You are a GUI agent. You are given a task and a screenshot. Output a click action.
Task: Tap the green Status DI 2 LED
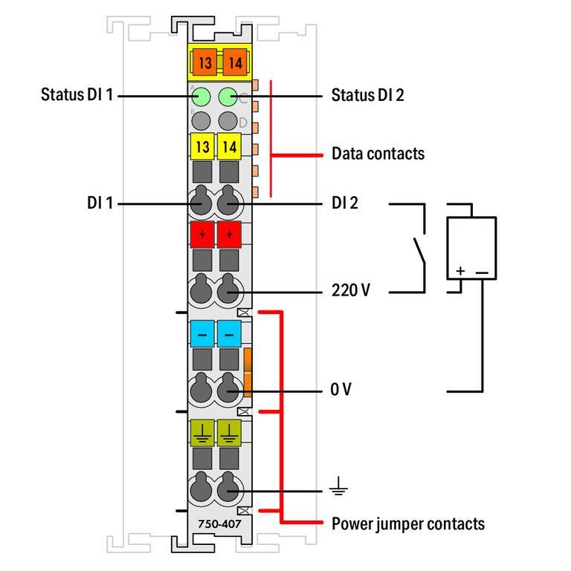tap(229, 96)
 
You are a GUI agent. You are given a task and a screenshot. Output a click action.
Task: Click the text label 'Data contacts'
tap(378, 154)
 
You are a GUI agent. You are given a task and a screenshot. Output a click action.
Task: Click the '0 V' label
tap(341, 390)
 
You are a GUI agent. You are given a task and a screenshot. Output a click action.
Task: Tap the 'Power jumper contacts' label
tap(407, 524)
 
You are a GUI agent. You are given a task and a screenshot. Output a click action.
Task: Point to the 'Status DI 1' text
tap(77, 96)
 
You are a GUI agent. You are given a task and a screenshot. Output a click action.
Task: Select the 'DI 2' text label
tap(345, 203)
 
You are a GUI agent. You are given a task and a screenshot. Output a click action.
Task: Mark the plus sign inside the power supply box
tap(460, 272)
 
